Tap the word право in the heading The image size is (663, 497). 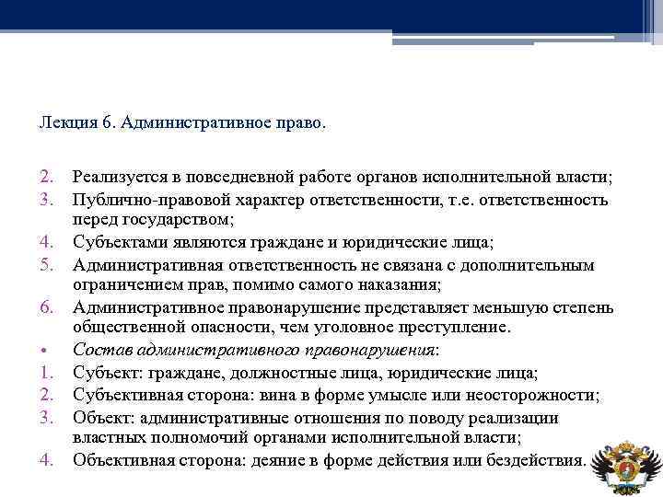tap(297, 121)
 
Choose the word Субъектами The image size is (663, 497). tap(117, 242)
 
